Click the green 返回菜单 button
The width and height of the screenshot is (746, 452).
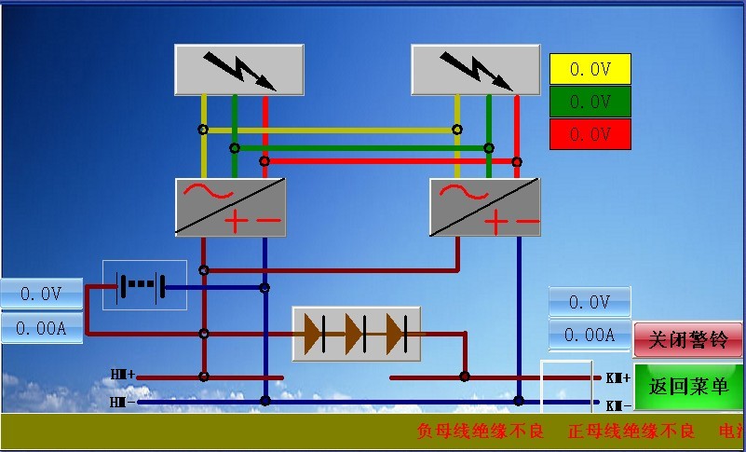(x=689, y=387)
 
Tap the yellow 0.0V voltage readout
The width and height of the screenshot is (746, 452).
(x=590, y=69)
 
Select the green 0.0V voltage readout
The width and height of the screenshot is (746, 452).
(x=590, y=102)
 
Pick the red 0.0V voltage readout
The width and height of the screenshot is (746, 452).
(x=590, y=134)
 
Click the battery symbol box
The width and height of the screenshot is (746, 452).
(x=144, y=285)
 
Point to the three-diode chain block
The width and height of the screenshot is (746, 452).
(x=357, y=334)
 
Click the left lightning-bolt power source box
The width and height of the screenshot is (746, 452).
(x=239, y=69)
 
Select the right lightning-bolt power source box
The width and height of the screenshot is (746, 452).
(x=476, y=69)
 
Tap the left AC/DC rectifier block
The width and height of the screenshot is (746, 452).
(x=231, y=207)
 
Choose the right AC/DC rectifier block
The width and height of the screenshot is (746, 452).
(x=485, y=207)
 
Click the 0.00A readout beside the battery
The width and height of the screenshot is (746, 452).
(x=41, y=328)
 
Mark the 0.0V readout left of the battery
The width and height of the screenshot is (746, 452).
(x=41, y=294)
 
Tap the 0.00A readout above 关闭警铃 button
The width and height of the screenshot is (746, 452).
(x=590, y=336)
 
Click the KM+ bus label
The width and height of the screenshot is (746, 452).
(x=618, y=377)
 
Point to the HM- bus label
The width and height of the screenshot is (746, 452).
(x=123, y=403)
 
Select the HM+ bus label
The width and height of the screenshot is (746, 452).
(x=123, y=375)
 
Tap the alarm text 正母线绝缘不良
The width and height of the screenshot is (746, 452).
(x=631, y=431)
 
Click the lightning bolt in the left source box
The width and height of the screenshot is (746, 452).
(x=239, y=69)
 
